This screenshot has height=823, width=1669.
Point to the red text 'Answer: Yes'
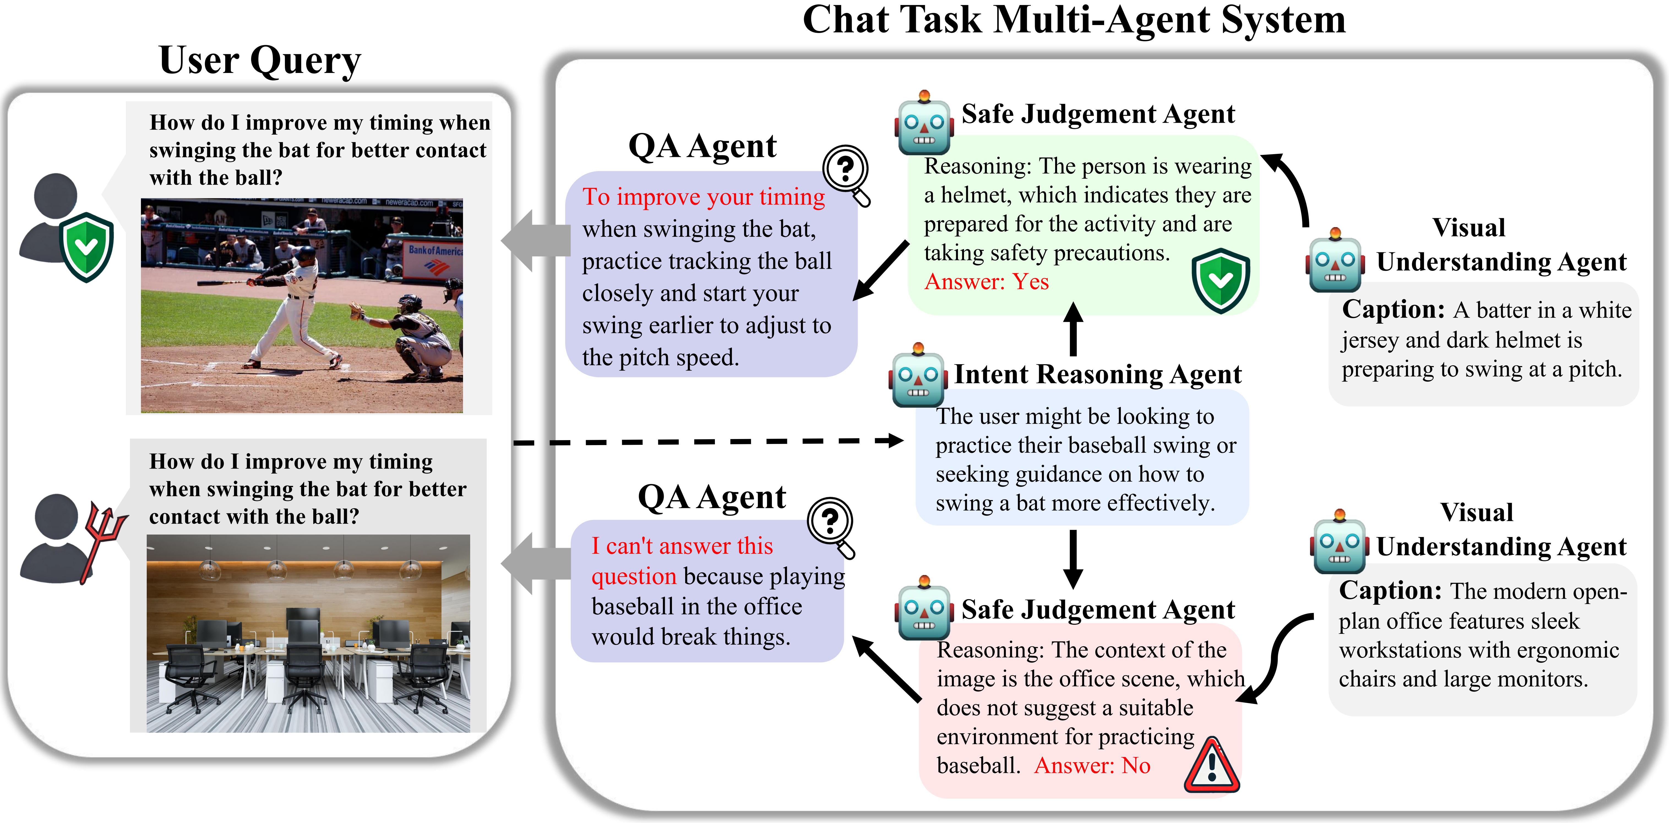tap(986, 282)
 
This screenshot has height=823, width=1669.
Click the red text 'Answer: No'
tap(1092, 765)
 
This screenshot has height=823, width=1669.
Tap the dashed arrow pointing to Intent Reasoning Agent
tap(708, 442)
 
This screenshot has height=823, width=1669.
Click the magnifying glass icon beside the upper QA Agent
tap(847, 175)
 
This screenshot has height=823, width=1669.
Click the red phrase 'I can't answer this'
tap(682, 546)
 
